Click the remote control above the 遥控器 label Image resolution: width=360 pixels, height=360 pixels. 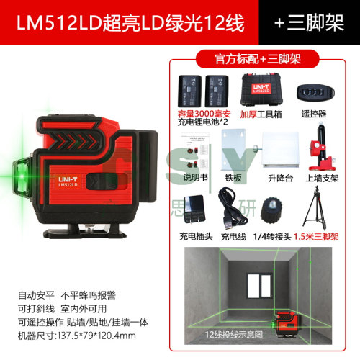[x=315, y=92]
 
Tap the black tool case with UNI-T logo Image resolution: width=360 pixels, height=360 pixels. [x=261, y=90]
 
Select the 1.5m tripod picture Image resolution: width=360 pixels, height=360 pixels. [x=315, y=209]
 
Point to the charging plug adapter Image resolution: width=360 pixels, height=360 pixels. [x=194, y=209]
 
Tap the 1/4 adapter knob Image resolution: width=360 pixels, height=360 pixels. [x=271, y=210]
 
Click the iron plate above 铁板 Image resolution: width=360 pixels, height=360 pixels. [x=233, y=150]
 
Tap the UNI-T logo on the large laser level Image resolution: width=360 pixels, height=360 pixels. [x=68, y=179]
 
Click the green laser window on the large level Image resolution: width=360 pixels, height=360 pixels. [x=22, y=176]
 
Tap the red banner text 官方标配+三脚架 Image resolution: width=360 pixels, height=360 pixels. [x=258, y=59]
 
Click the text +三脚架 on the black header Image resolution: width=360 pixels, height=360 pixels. [x=309, y=23]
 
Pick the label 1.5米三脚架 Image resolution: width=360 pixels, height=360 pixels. [x=316, y=237]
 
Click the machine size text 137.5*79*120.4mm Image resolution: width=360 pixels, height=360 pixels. [x=96, y=336]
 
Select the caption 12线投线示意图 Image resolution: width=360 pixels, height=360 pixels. [x=234, y=335]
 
